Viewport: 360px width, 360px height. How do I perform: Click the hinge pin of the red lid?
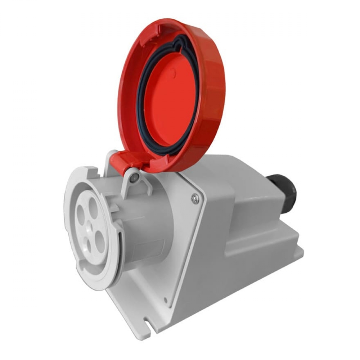134,177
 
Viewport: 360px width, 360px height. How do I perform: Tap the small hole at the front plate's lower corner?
165,299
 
